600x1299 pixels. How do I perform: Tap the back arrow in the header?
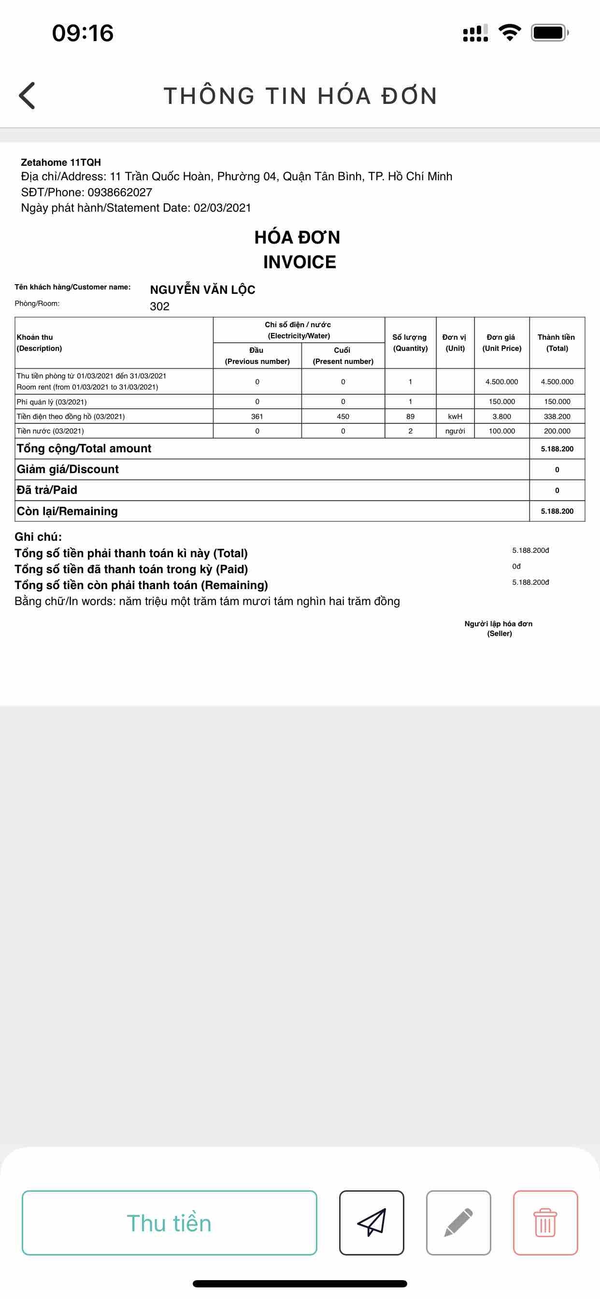point(27,95)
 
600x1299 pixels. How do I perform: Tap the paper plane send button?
point(371,1222)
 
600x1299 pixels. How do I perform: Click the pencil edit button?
point(458,1222)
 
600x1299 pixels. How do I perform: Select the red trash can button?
point(545,1222)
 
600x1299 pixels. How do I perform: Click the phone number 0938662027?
point(119,192)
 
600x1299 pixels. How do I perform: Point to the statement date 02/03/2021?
point(222,208)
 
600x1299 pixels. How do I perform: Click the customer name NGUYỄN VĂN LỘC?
point(203,290)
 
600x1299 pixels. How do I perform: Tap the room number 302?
point(160,306)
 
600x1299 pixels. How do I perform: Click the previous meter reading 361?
point(257,417)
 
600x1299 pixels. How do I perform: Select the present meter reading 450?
point(343,417)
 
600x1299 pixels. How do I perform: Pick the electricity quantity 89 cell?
point(411,417)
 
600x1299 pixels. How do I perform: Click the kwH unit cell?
point(455,417)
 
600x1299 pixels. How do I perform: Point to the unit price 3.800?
point(501,417)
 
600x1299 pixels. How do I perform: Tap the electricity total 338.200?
point(557,417)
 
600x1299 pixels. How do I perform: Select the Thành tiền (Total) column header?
point(557,343)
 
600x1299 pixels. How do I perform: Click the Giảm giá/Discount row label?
point(68,469)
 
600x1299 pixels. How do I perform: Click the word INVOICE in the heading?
point(300,262)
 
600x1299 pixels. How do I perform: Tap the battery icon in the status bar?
point(549,33)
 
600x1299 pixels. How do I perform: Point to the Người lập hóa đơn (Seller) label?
point(499,628)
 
